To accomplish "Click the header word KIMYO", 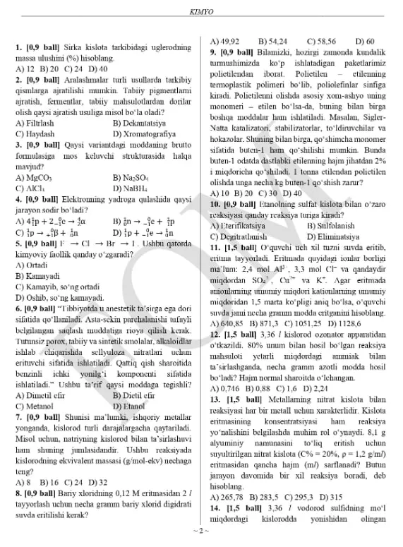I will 201,12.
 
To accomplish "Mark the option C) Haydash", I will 35,133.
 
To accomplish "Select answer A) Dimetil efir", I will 44,396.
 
